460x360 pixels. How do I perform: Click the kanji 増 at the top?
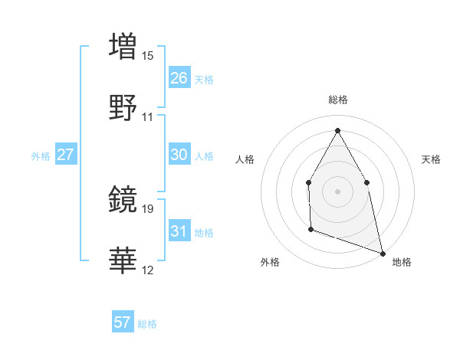coord(123,45)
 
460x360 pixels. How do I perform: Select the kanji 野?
coord(123,107)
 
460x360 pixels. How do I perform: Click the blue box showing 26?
coord(179,77)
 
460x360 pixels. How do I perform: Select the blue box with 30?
coord(179,155)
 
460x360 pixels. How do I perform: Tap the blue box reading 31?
coord(179,231)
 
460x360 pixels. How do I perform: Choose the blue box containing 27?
coord(65,155)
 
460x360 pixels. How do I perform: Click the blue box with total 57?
coord(122,322)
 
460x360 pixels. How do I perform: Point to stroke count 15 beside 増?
coord(148,55)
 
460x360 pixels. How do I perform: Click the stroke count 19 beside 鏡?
coord(148,208)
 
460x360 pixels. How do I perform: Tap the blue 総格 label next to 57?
coord(147,324)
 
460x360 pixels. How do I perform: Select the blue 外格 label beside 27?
coord(41,156)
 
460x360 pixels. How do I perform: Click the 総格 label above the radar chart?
coord(338,100)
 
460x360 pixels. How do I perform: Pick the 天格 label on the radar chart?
coord(431,159)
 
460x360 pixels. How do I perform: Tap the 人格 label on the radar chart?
coord(245,159)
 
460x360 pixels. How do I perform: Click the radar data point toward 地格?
coord(382,253)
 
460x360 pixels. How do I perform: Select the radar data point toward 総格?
coord(337,129)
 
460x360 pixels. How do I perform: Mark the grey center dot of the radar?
coord(337,191)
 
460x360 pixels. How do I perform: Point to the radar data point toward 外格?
coord(310,228)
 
